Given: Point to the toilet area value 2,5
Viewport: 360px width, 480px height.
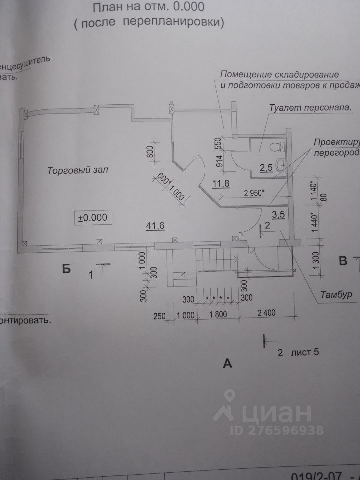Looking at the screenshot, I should point(266,167).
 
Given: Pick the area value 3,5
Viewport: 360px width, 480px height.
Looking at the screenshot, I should point(278,215).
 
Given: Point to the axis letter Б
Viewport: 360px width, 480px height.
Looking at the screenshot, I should point(67,270).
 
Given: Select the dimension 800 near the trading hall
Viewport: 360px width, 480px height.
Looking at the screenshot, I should point(150,150).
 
